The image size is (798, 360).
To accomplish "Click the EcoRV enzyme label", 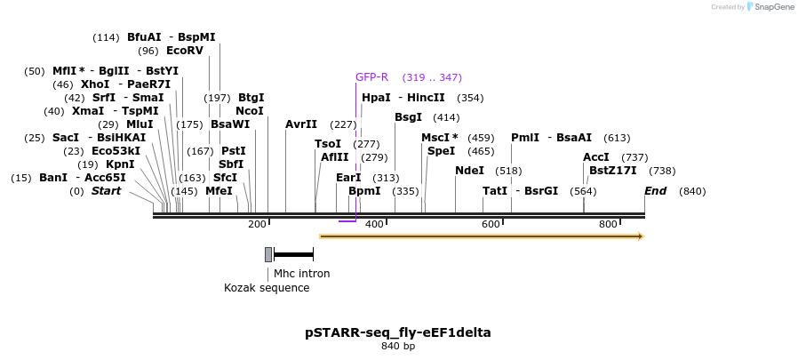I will [x=184, y=51].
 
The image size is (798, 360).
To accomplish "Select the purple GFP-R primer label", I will [x=371, y=77].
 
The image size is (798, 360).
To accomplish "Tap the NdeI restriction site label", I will [x=469, y=171].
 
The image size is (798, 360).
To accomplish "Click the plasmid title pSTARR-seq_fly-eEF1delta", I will [x=397, y=332].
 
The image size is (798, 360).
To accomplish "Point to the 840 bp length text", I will [x=397, y=346].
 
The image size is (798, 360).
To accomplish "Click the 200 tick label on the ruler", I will [x=258, y=224].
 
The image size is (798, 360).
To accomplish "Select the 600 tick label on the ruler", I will [x=491, y=224].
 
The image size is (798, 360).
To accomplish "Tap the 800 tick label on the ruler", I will [x=608, y=224].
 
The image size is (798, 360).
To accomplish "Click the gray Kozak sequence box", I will [x=268, y=254].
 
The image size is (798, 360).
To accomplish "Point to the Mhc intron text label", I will [x=301, y=274].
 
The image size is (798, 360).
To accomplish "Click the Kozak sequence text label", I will [x=267, y=288].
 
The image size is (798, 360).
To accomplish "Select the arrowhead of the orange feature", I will [x=638, y=236].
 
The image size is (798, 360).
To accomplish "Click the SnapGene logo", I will [x=770, y=7].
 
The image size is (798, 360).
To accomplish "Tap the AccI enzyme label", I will [x=596, y=157].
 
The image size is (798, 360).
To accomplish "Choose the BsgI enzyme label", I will [x=408, y=117].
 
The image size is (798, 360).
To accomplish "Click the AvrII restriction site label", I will [x=301, y=124].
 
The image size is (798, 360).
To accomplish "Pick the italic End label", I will [x=655, y=191].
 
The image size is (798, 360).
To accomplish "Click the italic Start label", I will [x=106, y=191].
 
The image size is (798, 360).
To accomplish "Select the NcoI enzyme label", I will [x=250, y=111].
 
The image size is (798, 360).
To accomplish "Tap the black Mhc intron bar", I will [x=293, y=255].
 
